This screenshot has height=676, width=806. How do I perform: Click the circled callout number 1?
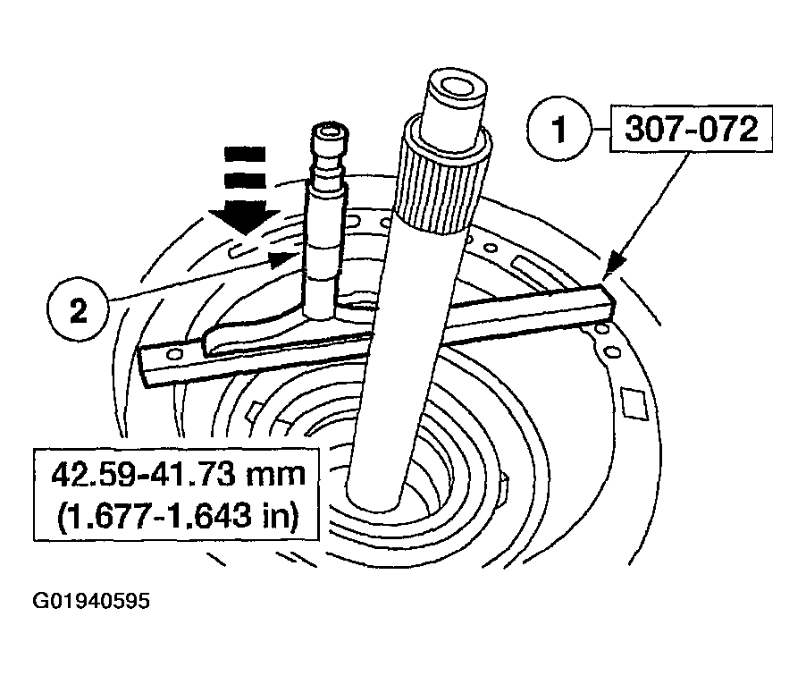(558, 129)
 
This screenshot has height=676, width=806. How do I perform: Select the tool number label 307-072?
(691, 129)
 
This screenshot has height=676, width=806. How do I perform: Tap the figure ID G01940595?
(91, 600)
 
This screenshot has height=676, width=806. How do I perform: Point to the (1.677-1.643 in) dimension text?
(177, 515)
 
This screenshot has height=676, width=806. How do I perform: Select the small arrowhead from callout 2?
(284, 258)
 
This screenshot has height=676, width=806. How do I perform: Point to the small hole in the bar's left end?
(174, 354)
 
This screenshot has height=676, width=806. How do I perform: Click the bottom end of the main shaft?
(374, 496)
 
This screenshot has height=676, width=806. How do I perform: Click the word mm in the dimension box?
(276, 476)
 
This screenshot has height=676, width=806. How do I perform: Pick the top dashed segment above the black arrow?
(245, 154)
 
